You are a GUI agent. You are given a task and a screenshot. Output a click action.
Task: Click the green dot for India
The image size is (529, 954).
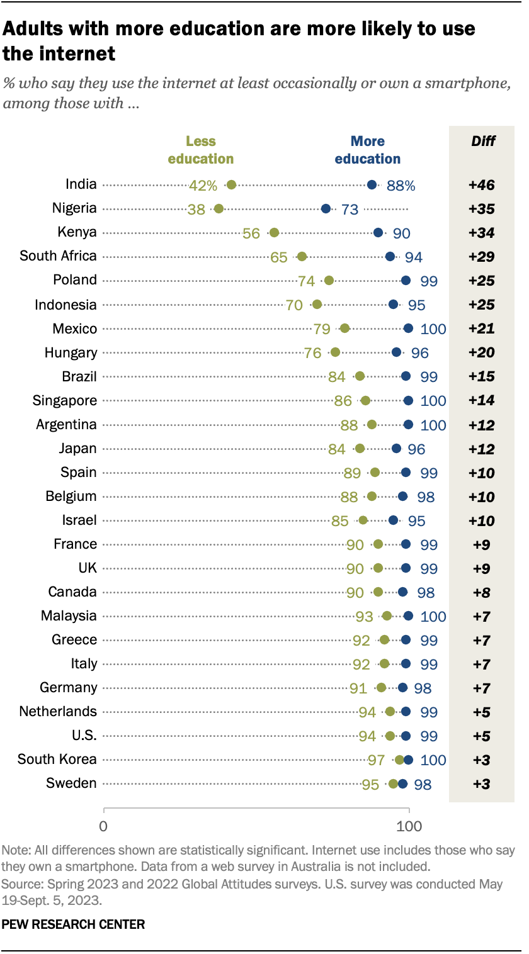pyautogui.click(x=231, y=184)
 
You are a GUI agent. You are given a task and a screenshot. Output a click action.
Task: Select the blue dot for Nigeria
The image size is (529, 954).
pyautogui.click(x=326, y=208)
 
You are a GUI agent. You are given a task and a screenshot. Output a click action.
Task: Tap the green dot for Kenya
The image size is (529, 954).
pyautogui.click(x=274, y=232)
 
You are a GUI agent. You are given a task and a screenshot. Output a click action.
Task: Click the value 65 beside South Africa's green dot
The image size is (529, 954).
pyautogui.click(x=279, y=257)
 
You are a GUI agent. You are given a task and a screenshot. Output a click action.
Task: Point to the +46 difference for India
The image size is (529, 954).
pyautogui.click(x=482, y=185)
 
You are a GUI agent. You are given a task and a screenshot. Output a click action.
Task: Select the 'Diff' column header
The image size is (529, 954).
pyautogui.click(x=483, y=141)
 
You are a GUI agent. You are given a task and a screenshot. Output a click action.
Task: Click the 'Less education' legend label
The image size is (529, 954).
pyautogui.click(x=200, y=150)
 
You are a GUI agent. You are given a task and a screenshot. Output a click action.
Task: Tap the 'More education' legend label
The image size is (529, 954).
pyautogui.click(x=368, y=150)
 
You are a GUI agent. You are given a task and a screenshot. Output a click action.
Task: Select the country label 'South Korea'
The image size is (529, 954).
pyautogui.click(x=57, y=759)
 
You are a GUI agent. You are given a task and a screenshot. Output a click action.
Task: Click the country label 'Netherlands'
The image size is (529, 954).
pyautogui.click(x=58, y=711)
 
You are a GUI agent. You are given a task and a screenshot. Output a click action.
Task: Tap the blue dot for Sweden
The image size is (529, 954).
pyautogui.click(x=402, y=783)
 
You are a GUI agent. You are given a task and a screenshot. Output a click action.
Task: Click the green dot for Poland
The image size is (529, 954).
pyautogui.click(x=329, y=280)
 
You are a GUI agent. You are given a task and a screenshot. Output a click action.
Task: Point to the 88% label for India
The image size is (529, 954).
pyautogui.click(x=401, y=185)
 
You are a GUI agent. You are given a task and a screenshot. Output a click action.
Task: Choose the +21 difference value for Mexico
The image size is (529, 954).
pyautogui.click(x=482, y=328)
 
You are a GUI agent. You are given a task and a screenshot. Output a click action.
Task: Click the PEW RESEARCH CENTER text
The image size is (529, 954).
pyautogui.click(x=74, y=924)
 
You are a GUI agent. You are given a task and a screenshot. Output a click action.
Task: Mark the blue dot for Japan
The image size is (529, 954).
pyautogui.click(x=396, y=448)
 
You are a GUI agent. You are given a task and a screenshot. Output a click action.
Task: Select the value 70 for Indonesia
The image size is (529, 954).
pyautogui.click(x=294, y=305)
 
